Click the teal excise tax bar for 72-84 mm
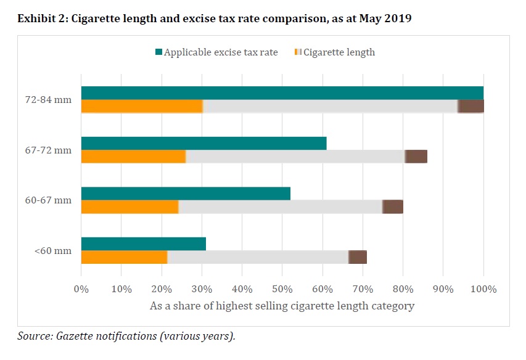282,92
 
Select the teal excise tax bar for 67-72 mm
203,143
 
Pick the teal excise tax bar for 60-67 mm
186,193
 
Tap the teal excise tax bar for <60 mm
143,243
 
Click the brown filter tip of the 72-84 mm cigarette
471,106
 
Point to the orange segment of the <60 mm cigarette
124,257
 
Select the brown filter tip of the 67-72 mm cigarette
416,157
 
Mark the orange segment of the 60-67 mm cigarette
129,207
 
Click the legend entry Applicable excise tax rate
221,52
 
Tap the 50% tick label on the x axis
282,288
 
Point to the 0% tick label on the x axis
81,288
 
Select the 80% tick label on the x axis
403,288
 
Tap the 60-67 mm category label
54,200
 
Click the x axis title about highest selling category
282,305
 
